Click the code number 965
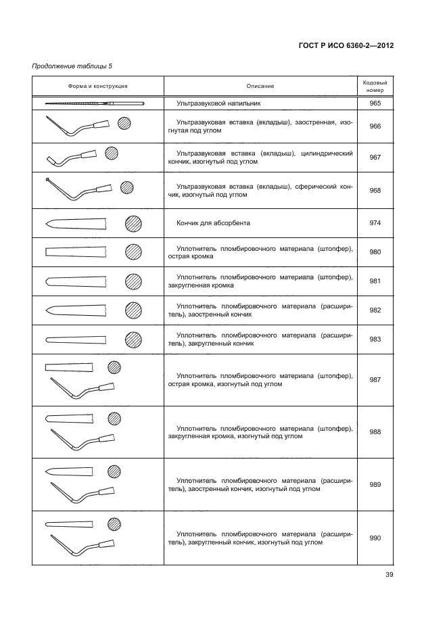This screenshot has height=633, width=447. (375, 103)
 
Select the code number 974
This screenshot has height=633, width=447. (375, 222)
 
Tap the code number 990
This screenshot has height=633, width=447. (375, 538)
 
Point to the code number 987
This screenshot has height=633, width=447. (375, 379)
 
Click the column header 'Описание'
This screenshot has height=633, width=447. (260, 86)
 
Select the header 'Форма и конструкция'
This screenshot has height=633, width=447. (98, 86)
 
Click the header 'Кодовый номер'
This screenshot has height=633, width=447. (375, 86)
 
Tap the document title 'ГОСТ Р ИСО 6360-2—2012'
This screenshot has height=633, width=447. (346, 47)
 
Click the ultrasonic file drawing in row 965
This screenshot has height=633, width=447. (95, 103)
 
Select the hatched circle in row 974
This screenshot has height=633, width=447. (134, 223)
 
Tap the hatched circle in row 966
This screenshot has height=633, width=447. (124, 124)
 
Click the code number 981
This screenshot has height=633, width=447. (375, 281)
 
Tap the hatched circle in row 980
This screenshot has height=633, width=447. (134, 252)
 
